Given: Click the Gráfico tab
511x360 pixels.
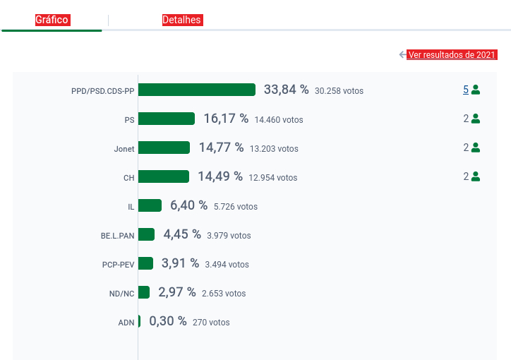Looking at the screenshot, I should click(52, 20).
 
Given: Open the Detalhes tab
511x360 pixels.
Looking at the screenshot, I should click(182, 20).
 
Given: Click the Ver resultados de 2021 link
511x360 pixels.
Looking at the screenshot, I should click(452, 55).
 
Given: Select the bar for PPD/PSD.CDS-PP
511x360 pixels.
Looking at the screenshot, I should click(197, 90).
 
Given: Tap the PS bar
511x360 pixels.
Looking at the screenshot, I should click(167, 119).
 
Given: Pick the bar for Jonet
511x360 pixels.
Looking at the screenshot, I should click(164, 148).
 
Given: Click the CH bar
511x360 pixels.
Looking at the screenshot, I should click(164, 176).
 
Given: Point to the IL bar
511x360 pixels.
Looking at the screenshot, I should click(150, 205).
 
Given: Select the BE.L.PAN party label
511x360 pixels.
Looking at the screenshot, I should click(117, 236).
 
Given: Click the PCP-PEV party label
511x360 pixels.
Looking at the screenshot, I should click(118, 265).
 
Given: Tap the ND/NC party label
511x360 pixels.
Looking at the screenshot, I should click(121, 294).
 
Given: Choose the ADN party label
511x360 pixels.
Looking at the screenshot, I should click(126, 323).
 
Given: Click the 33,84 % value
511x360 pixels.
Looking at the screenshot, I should click(287, 90).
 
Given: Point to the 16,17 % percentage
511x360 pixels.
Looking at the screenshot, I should click(226, 119).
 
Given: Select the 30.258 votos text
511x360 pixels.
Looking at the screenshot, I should click(339, 91).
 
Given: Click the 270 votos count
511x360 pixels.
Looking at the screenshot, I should click(211, 323).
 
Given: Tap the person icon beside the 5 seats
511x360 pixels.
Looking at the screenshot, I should click(476, 90).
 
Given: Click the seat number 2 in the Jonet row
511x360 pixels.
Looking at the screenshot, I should click(466, 148).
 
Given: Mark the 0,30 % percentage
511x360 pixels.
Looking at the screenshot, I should click(168, 321).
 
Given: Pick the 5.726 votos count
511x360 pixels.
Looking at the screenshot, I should click(236, 207).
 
